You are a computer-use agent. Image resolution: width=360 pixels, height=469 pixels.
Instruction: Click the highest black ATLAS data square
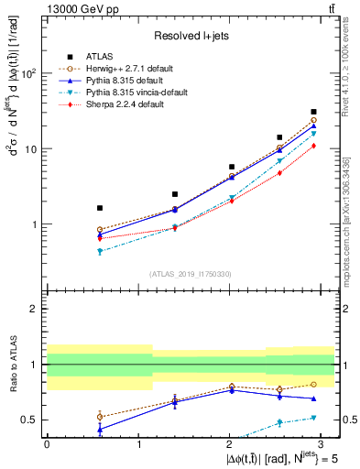coord(313,112)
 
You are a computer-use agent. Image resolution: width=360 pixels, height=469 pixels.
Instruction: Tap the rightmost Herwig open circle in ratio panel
coord(313,385)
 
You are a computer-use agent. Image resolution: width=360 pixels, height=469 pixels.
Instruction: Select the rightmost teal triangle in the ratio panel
coord(313,418)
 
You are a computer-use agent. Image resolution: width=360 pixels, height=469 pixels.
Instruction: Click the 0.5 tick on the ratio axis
coord(31,420)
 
